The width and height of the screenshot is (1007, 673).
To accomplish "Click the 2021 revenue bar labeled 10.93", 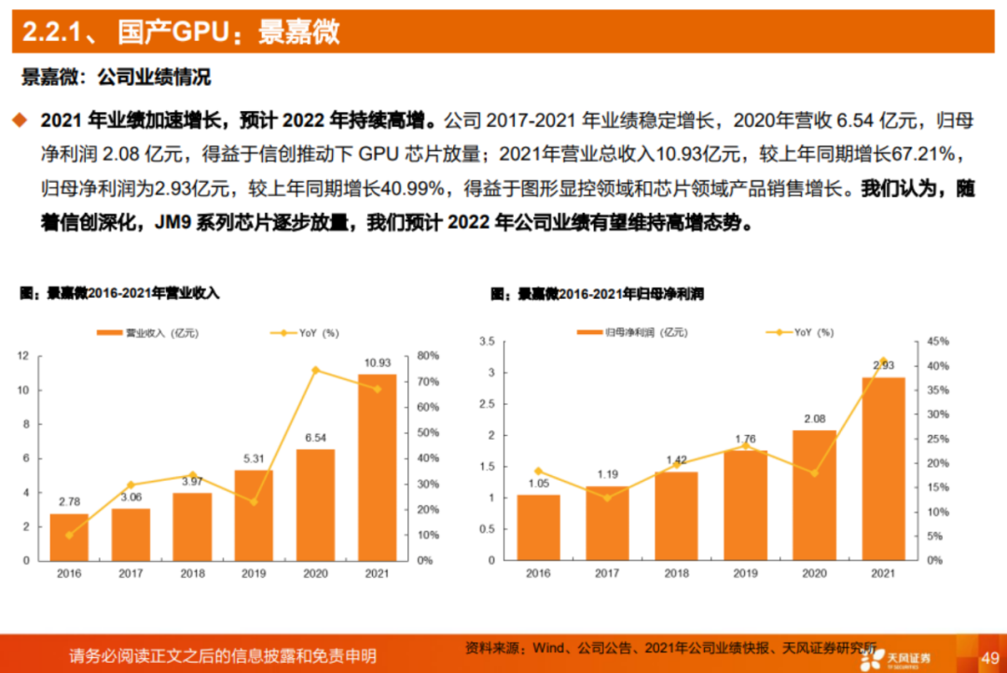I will click(x=377, y=467).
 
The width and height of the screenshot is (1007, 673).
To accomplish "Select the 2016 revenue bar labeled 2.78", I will click(x=69, y=537).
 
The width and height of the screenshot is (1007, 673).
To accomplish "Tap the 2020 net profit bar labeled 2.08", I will click(x=814, y=495).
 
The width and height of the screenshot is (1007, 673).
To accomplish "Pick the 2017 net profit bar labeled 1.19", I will click(x=607, y=523).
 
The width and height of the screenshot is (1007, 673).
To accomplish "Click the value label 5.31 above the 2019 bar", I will click(x=254, y=458).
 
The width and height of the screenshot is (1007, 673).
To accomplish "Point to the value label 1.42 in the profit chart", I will click(x=676, y=460).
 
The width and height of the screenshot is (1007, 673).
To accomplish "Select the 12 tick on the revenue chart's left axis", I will click(x=22, y=356).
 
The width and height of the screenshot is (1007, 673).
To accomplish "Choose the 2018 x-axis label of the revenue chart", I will click(x=192, y=574).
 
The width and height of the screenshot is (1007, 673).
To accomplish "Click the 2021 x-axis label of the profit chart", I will click(x=883, y=574).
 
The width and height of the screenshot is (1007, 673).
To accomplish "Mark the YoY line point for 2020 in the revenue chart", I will click(x=315, y=371).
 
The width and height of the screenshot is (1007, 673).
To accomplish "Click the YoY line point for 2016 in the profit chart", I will click(x=538, y=471).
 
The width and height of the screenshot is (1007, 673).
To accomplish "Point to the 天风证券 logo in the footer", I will click(x=898, y=658).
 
